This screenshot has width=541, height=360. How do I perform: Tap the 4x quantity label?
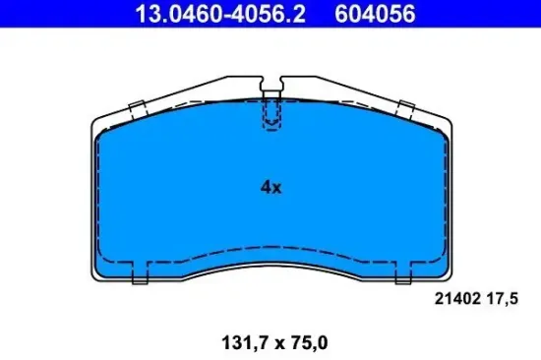click(270, 188)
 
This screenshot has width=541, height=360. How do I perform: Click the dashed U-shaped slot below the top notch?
click(270, 119)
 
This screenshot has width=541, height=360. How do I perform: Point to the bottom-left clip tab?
click(139, 276)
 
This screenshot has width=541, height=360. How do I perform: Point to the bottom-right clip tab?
click(402, 276)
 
